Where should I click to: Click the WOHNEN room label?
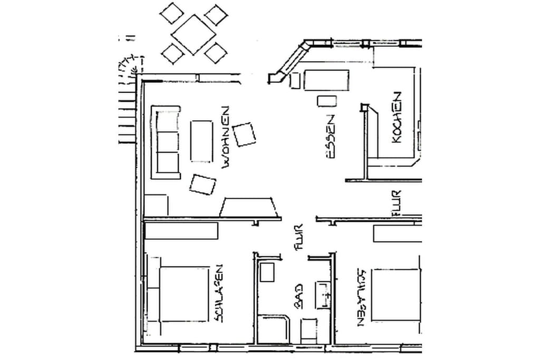pyautogui.click(x=226, y=138)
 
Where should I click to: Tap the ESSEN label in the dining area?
pyautogui.click(x=330, y=137)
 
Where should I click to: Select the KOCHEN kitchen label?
pyautogui.click(x=397, y=117)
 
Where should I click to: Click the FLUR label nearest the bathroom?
pyautogui.click(x=298, y=237)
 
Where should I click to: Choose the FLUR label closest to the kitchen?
pyautogui.click(x=397, y=203)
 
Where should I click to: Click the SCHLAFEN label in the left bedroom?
pyautogui.click(x=218, y=293)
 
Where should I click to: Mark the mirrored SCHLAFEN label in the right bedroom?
pyautogui.click(x=362, y=297)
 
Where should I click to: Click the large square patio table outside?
pyautogui.click(x=193, y=34)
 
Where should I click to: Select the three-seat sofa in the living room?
pyautogui.click(x=166, y=142)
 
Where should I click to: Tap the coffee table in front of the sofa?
pyautogui.click(x=201, y=141)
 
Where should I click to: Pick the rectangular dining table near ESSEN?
pyautogui.click(x=326, y=80)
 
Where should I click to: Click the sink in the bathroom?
pyautogui.click(x=323, y=295)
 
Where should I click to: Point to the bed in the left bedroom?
pyautogui.click(x=184, y=294)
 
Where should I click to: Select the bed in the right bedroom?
pyautogui.click(x=397, y=294)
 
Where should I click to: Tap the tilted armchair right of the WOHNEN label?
pyautogui.click(x=244, y=134)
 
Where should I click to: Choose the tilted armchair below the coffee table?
pyautogui.click(x=202, y=184)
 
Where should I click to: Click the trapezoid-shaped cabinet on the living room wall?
pyautogui.click(x=249, y=208)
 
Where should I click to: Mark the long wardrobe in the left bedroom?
pyautogui.click(x=181, y=231)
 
